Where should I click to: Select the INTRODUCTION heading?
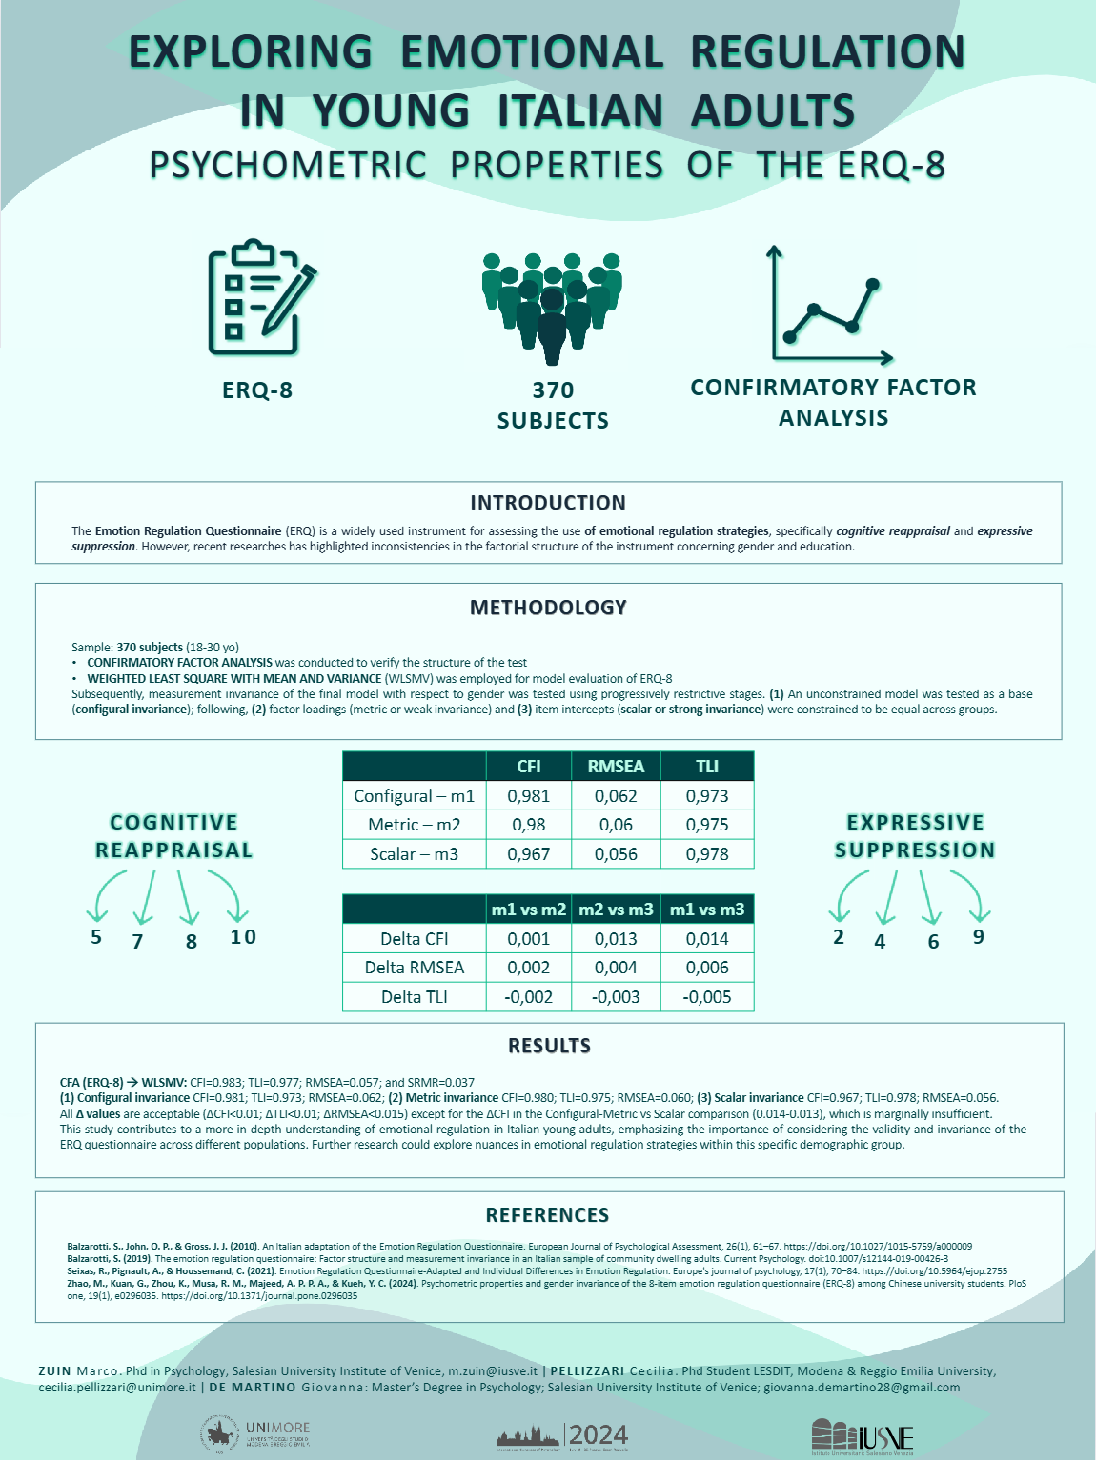click(x=548, y=503)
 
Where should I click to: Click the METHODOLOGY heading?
click(x=548, y=608)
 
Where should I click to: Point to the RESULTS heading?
click(x=549, y=1046)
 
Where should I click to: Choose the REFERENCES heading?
click(x=547, y=1215)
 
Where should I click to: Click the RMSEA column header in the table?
click(x=616, y=767)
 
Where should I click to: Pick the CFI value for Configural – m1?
click(x=528, y=796)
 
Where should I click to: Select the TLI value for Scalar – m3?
click(x=707, y=854)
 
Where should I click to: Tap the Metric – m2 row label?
click(x=415, y=825)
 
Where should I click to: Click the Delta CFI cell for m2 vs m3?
click(x=616, y=939)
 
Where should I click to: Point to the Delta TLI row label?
click(x=415, y=997)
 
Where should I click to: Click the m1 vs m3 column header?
click(x=707, y=910)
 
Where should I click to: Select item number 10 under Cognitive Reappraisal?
click(x=243, y=937)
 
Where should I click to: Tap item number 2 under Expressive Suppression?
click(x=839, y=937)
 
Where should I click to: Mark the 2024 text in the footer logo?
click(x=599, y=1435)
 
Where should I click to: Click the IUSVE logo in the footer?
click(x=863, y=1436)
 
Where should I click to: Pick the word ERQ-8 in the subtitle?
click(x=891, y=166)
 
